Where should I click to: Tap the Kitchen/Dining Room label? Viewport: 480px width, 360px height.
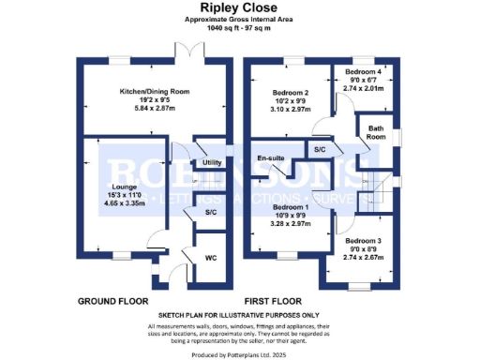pyautogui.click(x=154, y=92)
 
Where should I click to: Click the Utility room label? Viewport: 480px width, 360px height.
pyautogui.click(x=212, y=163)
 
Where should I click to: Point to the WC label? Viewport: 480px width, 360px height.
pyautogui.click(x=212, y=256)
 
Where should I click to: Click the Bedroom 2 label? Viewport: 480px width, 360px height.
pyautogui.click(x=290, y=93)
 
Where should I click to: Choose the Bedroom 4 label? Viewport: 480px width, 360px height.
pyautogui.click(x=363, y=71)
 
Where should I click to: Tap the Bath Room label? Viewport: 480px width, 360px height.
pyautogui.click(x=377, y=132)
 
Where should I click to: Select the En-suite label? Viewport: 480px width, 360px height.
pyautogui.click(x=271, y=157)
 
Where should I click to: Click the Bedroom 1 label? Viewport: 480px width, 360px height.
pyautogui.click(x=291, y=207)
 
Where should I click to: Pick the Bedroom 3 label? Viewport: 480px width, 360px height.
pyautogui.click(x=363, y=240)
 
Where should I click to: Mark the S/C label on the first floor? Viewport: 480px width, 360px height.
pyautogui.click(x=320, y=150)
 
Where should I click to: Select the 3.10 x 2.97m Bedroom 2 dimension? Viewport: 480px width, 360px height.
pyautogui.click(x=290, y=111)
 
